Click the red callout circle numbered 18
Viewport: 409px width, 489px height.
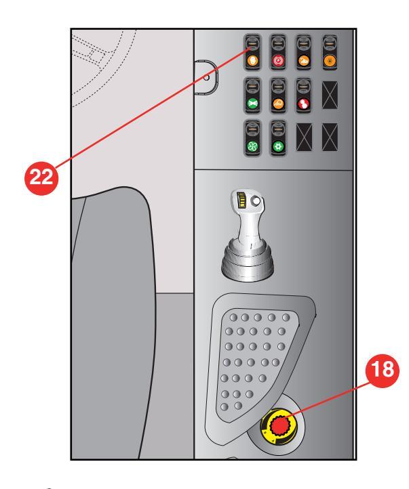tap(382, 370)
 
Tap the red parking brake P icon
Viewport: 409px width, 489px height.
tap(278, 60)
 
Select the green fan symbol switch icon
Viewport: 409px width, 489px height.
tap(252, 146)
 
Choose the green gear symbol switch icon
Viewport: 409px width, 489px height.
tap(278, 146)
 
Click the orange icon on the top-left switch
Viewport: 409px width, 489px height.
tap(252, 60)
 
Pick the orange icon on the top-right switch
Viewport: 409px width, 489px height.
tap(330, 60)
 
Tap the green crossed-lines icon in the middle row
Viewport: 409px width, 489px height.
tap(252, 103)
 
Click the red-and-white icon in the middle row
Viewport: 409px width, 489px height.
tap(303, 103)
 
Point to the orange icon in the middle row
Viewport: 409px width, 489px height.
tap(278, 103)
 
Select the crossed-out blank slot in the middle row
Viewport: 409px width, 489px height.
tap(330, 95)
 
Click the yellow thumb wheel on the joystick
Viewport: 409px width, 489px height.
tap(241, 200)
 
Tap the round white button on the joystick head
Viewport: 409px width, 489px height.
tap(256, 201)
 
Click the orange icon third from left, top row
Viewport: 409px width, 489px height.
tap(303, 60)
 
